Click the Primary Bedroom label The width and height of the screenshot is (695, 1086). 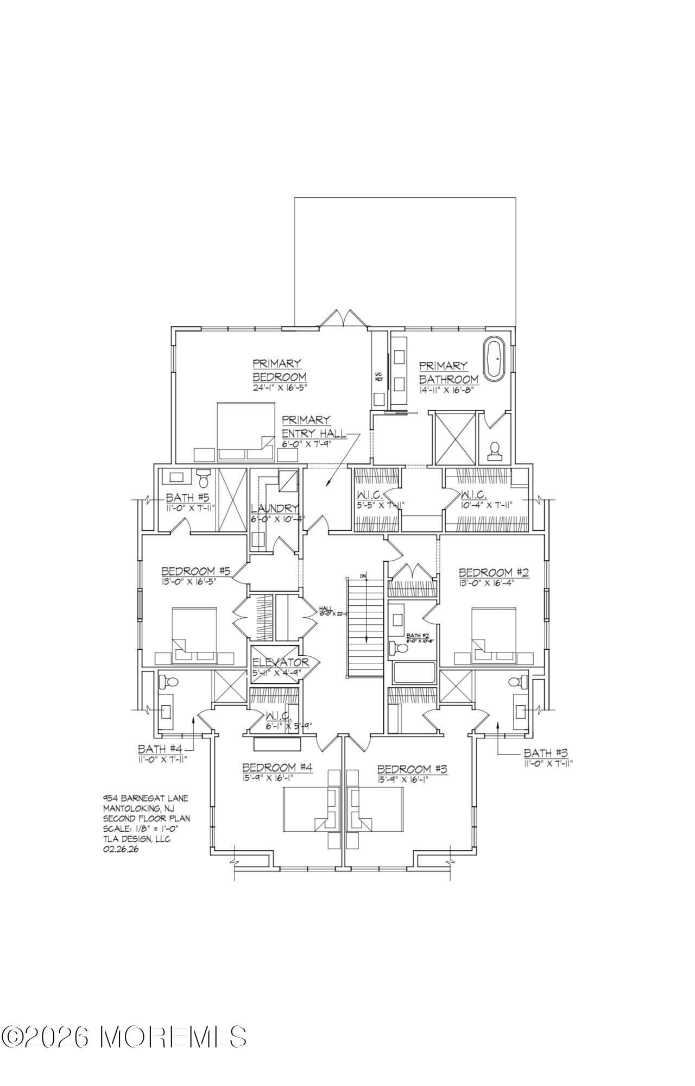(x=279, y=370)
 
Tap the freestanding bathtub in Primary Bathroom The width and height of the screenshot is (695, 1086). (x=495, y=359)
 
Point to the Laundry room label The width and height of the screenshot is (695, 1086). (x=275, y=509)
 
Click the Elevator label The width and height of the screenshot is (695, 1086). (x=280, y=662)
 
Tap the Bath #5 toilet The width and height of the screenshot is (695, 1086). (x=204, y=478)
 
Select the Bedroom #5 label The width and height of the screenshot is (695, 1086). (x=196, y=571)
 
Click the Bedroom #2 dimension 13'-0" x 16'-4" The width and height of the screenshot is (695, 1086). (x=485, y=583)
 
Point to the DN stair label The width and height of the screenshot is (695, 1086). (x=363, y=575)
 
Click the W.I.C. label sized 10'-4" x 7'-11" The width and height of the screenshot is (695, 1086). (x=473, y=495)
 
